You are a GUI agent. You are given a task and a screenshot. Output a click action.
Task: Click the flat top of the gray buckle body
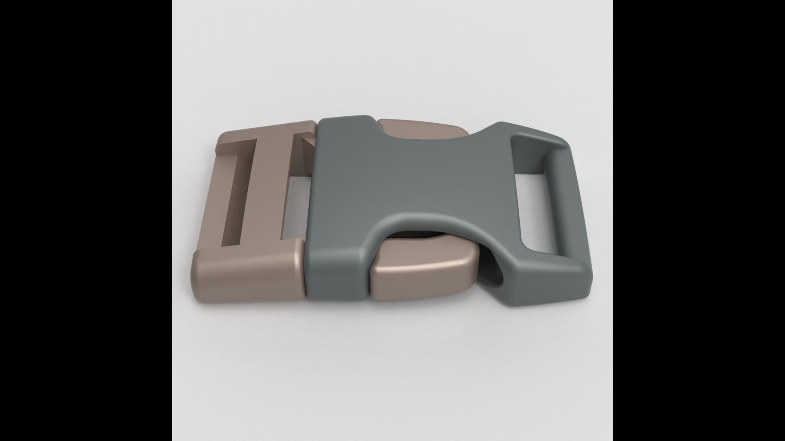(x=409, y=171)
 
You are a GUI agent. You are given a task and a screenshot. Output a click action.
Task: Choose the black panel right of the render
(x=699, y=220)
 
